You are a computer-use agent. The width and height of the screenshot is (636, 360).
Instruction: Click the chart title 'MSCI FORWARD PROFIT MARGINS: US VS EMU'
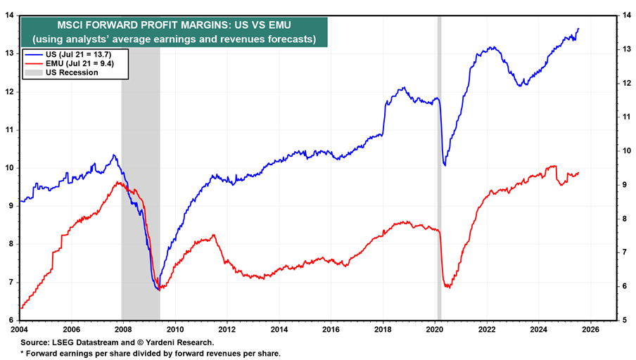173,22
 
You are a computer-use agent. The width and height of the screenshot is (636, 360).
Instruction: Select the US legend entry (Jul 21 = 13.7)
68,53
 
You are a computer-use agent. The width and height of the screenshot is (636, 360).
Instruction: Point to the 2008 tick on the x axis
122,327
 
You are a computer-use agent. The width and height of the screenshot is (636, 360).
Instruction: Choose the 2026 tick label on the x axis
590,327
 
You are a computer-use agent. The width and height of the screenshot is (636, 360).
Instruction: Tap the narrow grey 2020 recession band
439,176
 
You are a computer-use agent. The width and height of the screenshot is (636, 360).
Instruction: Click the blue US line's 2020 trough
445,165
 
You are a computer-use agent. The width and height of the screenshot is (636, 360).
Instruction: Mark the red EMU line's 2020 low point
447,287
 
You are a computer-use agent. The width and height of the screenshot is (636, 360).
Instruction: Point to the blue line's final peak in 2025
578,29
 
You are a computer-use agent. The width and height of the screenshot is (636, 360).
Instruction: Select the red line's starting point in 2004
21,308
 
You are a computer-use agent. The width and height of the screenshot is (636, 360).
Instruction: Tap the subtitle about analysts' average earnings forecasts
173,38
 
